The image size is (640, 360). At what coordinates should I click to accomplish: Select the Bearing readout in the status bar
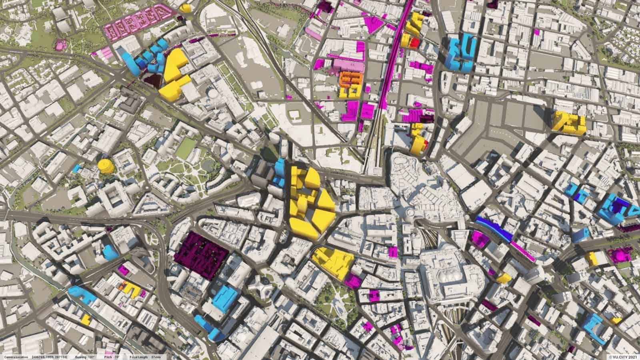point(84,356)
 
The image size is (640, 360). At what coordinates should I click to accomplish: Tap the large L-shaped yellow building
point(174,72)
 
